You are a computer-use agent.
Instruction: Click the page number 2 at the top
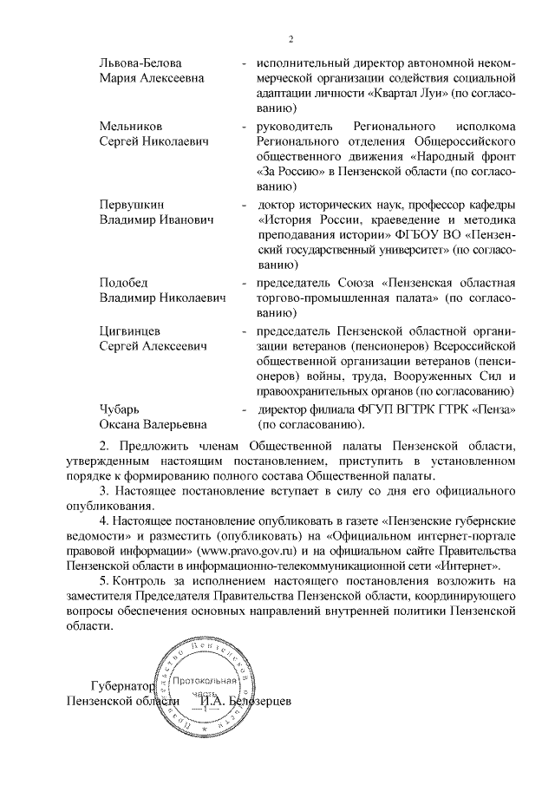click(x=291, y=39)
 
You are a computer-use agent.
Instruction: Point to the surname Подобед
click(x=124, y=283)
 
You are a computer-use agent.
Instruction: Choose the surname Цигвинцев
click(x=132, y=330)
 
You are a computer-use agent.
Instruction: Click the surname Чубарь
click(x=119, y=409)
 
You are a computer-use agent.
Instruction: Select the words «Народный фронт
click(x=449, y=157)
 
